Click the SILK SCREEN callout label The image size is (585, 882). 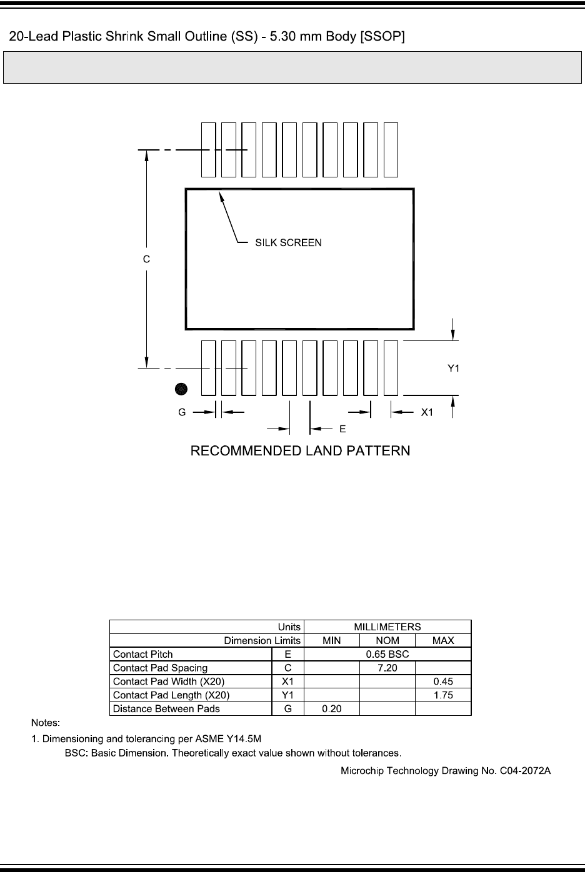pyautogui.click(x=288, y=242)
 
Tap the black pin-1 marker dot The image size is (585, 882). pyautogui.click(x=181, y=389)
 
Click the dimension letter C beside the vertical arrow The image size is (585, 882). pyautogui.click(x=146, y=259)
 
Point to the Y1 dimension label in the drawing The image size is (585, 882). pyautogui.click(x=453, y=369)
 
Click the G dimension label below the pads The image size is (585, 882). pyautogui.click(x=182, y=412)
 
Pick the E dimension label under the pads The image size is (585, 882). pyautogui.click(x=342, y=429)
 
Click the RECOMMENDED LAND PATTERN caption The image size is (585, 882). pyautogui.click(x=300, y=450)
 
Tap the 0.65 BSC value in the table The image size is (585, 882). pyautogui.click(x=387, y=654)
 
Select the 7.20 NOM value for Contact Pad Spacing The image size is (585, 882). pyautogui.click(x=387, y=668)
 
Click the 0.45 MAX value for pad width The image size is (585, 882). pyautogui.click(x=442, y=681)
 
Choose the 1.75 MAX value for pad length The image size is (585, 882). pyautogui.click(x=442, y=695)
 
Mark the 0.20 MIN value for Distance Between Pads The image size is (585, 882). pyautogui.click(x=331, y=709)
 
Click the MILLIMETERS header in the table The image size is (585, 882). pyautogui.click(x=387, y=627)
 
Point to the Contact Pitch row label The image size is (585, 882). pyautogui.click(x=143, y=654)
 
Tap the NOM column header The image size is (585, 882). pyautogui.click(x=387, y=640)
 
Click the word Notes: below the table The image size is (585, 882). pyautogui.click(x=46, y=723)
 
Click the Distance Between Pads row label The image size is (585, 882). pyautogui.click(x=166, y=709)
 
